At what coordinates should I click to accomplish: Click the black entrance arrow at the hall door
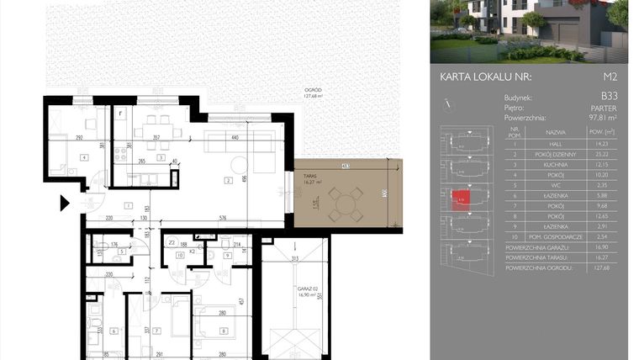tap(65, 203)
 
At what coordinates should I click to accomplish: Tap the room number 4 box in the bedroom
tap(83, 157)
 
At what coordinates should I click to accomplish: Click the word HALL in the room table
tap(555, 144)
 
